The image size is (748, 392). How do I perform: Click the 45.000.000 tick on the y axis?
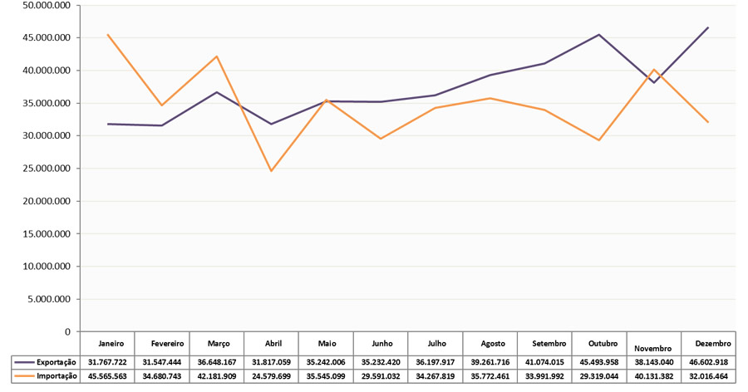[x=47, y=38]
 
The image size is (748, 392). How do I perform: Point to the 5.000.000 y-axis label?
[x=50, y=299]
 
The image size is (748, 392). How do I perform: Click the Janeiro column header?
[x=111, y=343]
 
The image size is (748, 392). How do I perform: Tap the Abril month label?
[x=273, y=343]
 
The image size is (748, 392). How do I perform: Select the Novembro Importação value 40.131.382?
[x=655, y=375]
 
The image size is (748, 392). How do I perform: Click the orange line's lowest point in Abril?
[x=271, y=171]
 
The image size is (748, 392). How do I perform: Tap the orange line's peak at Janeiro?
[x=109, y=35]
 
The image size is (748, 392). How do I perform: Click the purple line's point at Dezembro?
[x=708, y=28]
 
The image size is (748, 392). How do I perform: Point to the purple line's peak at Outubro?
[x=599, y=35]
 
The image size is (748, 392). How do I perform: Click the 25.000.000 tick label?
[x=47, y=169]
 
